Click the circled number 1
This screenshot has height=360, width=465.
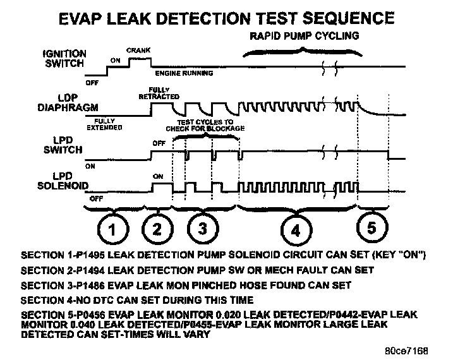[x=111, y=230]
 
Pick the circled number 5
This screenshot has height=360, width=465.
[x=371, y=229]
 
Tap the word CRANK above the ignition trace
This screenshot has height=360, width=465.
[x=138, y=49]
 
